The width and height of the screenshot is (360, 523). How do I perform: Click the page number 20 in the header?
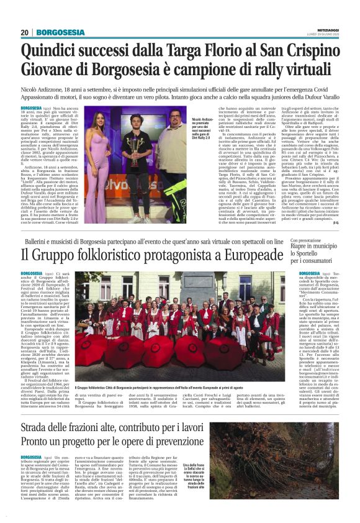(25, 32)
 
